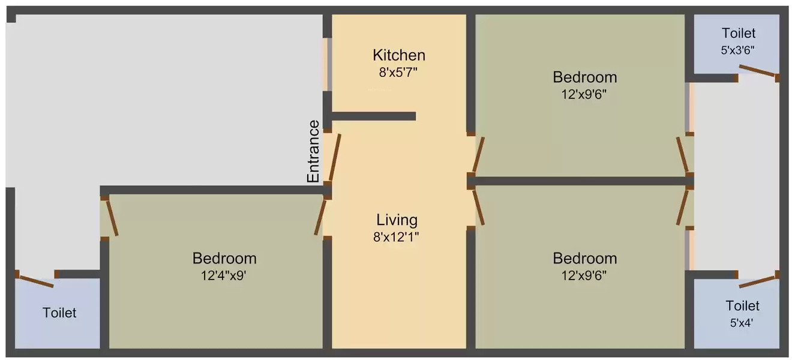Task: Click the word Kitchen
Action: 399,56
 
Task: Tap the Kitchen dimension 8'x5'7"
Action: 398,73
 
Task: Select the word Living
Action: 397,220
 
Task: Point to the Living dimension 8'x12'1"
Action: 396,237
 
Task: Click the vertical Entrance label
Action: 313,151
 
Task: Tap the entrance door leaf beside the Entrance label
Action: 335,157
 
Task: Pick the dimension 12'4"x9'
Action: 223,275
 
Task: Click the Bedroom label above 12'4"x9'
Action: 224,259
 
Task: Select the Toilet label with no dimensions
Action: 59,313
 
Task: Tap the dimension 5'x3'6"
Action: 737,50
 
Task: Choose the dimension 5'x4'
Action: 742,323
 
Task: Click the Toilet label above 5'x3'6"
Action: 739,33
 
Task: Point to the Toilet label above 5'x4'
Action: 743,305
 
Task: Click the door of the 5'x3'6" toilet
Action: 757,71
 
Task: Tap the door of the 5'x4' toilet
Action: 757,282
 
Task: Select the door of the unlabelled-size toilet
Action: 36,282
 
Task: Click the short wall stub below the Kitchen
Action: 374,116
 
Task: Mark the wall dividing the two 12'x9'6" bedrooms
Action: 580,181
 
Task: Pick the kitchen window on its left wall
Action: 328,64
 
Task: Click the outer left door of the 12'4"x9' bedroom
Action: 112,218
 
